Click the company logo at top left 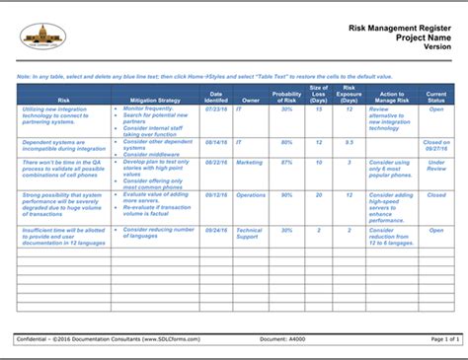click(x=42, y=37)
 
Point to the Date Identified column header click(x=216, y=96)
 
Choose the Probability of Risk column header click(x=286, y=96)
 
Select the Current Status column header click(x=435, y=96)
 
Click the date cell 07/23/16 click(x=216, y=109)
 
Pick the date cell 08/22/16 click(x=216, y=160)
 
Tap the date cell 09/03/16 click(x=216, y=229)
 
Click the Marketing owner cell click(x=250, y=160)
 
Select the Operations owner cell click(x=251, y=194)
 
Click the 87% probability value click(x=286, y=160)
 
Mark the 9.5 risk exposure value click(x=349, y=142)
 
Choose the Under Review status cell click(x=435, y=164)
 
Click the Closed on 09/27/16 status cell click(x=435, y=146)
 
